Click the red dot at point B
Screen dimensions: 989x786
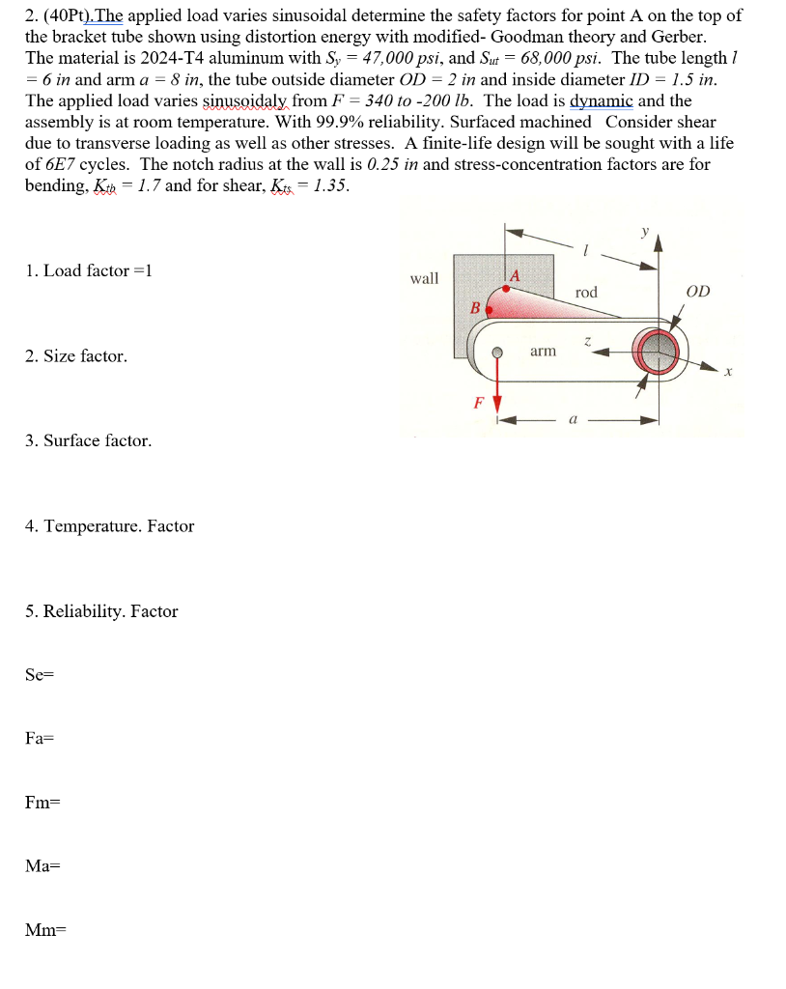[489, 310]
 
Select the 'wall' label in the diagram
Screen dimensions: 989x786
[424, 278]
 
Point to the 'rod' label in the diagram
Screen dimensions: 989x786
[586, 292]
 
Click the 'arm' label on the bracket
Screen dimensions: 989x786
[543, 351]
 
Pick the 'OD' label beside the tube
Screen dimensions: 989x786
[697, 291]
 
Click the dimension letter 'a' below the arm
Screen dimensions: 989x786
[574, 421]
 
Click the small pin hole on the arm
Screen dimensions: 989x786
[497, 353]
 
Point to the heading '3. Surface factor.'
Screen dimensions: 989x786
[88, 440]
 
